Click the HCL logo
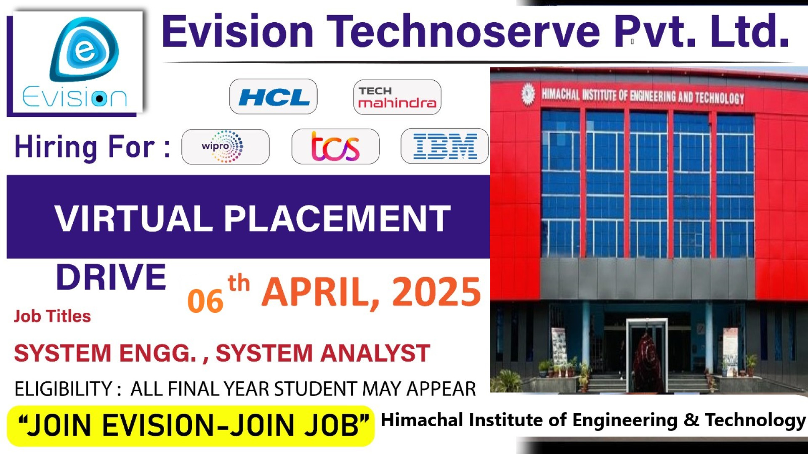pos(274,97)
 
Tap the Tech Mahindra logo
pos(397,98)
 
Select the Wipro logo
pos(225,147)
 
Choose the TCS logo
pos(335,147)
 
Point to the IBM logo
pos(445,147)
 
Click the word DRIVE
pos(111,277)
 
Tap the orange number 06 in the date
pos(205,301)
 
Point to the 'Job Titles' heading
pos(52,316)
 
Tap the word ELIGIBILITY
pos(63,389)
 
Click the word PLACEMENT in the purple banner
pos(337,219)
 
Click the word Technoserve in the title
pos(463,32)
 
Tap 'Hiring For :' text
pos(93,147)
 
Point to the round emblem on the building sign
pos(528,94)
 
